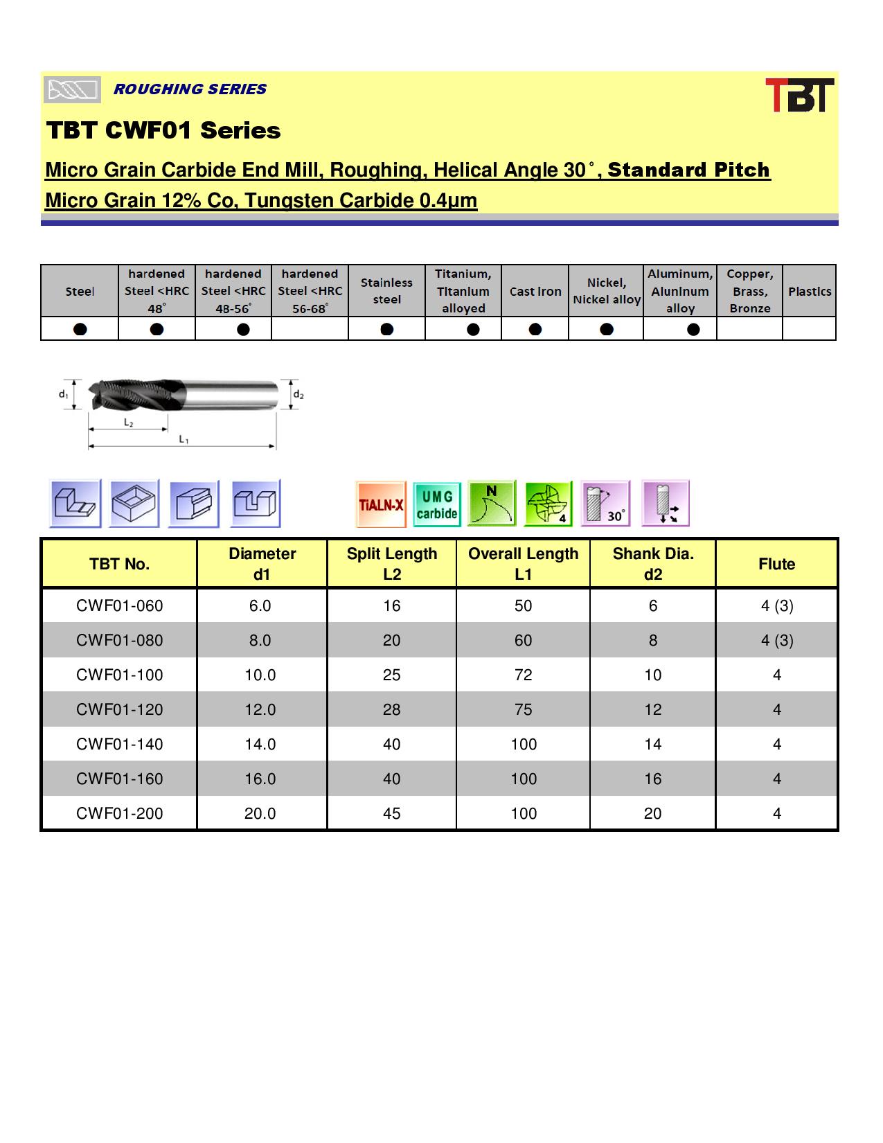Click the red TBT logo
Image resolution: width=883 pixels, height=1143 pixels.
(799, 95)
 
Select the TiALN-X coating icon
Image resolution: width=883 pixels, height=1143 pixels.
(380, 504)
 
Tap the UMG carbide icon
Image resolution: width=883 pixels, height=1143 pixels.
(437, 504)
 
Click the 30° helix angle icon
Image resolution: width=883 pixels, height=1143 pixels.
(605, 504)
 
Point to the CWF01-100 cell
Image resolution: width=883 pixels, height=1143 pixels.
(120, 675)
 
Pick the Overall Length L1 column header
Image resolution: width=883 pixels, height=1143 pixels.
(523, 563)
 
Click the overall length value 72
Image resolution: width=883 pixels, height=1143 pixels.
(523, 675)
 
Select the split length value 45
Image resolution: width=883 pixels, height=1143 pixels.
(391, 813)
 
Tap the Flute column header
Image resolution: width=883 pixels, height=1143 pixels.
(776, 564)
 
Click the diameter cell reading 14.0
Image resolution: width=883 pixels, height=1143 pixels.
(260, 744)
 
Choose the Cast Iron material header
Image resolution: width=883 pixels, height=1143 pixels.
(535, 292)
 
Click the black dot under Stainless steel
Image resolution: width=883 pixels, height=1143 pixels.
(387, 328)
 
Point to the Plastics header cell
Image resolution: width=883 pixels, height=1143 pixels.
(809, 292)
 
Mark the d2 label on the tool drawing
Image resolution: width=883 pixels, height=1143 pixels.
(298, 395)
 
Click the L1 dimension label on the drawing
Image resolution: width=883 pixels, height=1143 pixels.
(184, 439)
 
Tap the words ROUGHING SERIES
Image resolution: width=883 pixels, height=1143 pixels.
(190, 89)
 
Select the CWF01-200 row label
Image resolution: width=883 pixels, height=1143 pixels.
(120, 813)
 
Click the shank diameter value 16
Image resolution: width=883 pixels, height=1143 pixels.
(652, 779)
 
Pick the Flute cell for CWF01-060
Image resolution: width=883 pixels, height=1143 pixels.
(776, 606)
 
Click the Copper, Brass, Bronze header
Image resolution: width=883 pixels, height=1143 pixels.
(749, 292)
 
